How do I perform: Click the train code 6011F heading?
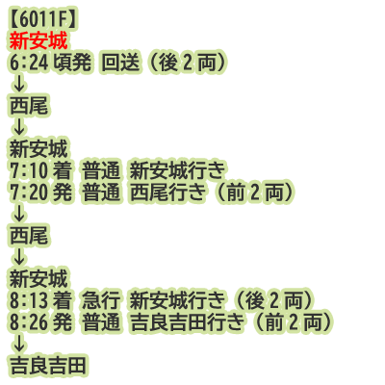click(x=42, y=20)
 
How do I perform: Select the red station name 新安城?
click(x=38, y=41)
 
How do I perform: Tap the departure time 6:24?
click(x=29, y=63)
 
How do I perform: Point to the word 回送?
click(x=120, y=63)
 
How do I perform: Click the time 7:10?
click(x=29, y=170)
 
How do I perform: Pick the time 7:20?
click(x=29, y=192)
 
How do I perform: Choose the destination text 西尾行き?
click(x=167, y=192)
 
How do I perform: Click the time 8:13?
click(x=29, y=300)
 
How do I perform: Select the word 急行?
click(x=101, y=300)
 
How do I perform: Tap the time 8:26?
click(x=29, y=321)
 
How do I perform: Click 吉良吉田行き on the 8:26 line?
click(x=187, y=321)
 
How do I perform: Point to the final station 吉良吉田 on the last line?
click(x=48, y=365)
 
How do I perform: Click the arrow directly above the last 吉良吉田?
click(x=19, y=343)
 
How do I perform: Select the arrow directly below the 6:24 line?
click(x=19, y=85)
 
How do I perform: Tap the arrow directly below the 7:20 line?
click(x=19, y=214)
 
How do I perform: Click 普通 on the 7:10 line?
click(x=101, y=170)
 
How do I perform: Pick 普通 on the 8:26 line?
click(x=101, y=321)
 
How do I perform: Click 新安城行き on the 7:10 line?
click(x=177, y=170)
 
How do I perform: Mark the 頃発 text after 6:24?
click(x=72, y=63)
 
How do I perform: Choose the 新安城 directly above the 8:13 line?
click(x=38, y=278)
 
